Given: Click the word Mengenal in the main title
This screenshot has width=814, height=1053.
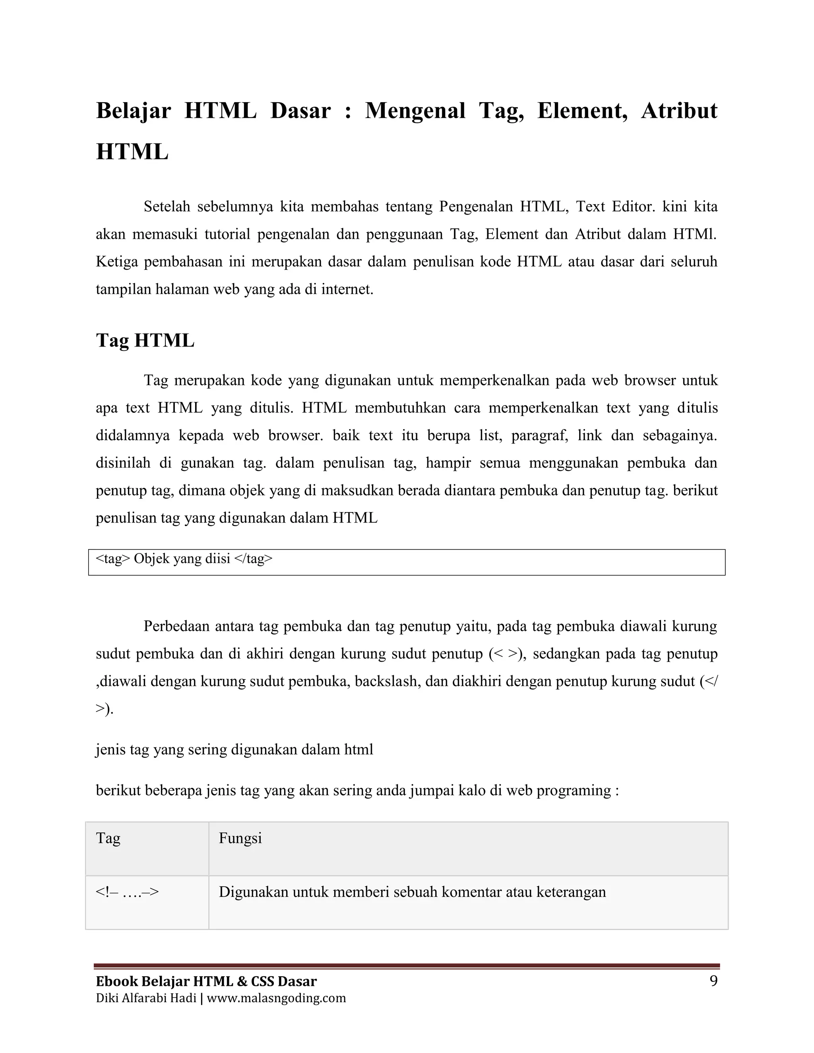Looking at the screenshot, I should click(415, 111).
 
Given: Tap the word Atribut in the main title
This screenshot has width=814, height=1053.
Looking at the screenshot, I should click(678, 111).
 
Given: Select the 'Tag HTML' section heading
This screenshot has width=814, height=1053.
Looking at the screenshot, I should click(145, 341).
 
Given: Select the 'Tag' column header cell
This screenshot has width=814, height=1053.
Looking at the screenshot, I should click(147, 849).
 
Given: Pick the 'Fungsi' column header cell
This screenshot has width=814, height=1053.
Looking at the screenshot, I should click(468, 849).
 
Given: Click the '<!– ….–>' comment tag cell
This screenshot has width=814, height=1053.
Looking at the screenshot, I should click(147, 902).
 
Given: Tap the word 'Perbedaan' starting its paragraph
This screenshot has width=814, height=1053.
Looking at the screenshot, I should click(176, 626).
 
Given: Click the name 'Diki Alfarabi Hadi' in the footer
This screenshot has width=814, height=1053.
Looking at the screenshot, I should click(145, 998).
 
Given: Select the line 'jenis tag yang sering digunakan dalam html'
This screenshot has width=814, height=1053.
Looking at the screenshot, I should click(235, 750).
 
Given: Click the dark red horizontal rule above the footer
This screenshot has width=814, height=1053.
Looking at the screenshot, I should click(407, 966).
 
